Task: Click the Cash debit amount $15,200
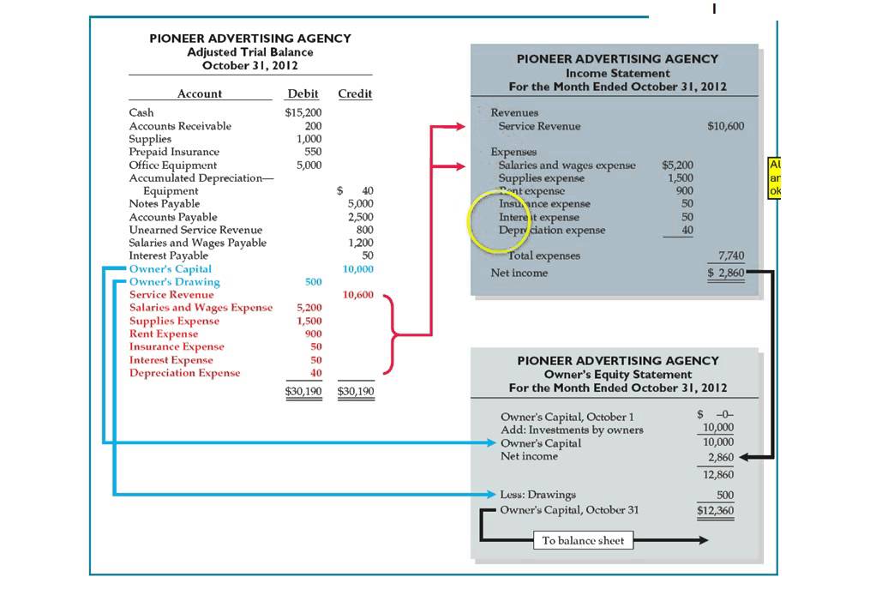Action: point(303,112)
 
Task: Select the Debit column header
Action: point(303,93)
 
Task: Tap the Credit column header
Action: point(355,93)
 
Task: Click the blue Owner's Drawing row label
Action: point(174,282)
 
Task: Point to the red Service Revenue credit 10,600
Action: point(357,295)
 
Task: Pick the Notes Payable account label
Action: point(165,204)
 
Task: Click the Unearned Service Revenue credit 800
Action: point(364,230)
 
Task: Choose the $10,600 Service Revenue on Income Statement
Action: point(725,126)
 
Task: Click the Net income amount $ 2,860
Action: point(725,273)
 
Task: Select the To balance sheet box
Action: point(584,541)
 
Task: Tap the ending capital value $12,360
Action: point(715,510)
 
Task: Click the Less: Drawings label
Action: point(537,495)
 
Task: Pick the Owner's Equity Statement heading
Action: point(617,375)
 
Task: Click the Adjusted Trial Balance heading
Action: point(249,52)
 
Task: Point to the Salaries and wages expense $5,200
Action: point(678,165)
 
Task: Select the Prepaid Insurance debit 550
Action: point(313,152)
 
